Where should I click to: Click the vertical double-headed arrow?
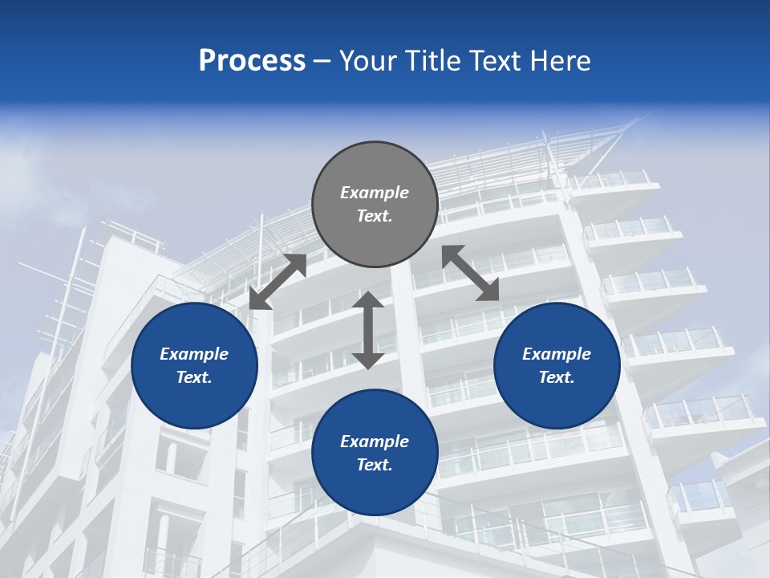368,330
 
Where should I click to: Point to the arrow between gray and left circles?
278,282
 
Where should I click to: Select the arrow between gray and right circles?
471,273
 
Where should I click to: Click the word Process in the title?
252,60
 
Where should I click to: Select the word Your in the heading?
366,60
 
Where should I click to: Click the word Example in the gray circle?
375,193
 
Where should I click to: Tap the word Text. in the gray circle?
375,216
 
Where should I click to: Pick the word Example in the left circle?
194,354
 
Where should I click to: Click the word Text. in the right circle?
557,377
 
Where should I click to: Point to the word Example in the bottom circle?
375,442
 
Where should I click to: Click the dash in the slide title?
322,61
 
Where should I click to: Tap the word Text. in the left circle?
194,377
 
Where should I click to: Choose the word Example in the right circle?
557,354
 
